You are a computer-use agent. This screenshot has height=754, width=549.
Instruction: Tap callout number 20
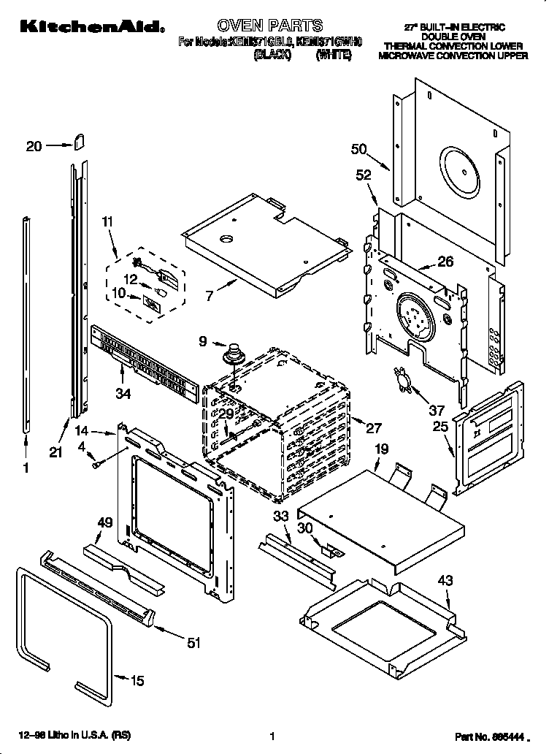34,146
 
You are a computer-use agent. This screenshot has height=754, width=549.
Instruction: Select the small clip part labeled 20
79,140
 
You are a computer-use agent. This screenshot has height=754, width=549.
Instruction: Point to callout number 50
358,150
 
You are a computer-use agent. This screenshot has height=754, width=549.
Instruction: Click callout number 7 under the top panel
210,296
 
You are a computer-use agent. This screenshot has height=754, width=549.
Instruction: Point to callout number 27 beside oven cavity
374,429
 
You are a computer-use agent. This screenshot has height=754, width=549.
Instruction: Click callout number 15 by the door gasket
137,681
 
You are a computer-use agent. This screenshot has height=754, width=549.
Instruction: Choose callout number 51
193,643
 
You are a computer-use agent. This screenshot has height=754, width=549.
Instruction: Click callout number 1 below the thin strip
26,469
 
